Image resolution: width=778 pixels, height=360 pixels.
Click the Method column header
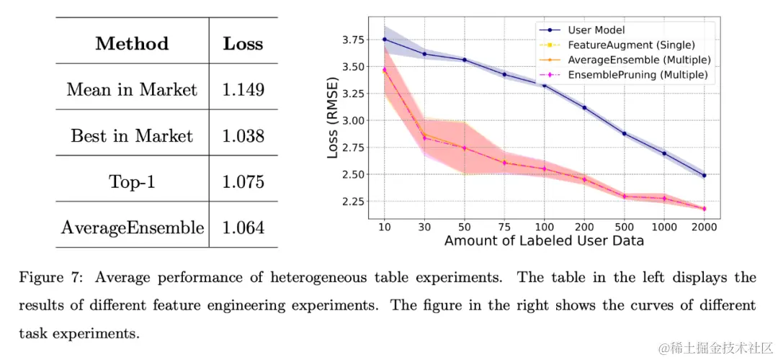(x=132, y=43)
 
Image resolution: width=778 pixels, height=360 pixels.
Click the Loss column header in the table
(x=243, y=43)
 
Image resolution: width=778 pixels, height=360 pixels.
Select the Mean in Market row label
(x=132, y=89)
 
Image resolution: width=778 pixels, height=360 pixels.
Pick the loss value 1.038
(x=243, y=135)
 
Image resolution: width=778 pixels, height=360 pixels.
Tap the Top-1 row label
(x=132, y=181)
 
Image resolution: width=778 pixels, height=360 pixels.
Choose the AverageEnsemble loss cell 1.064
(x=243, y=228)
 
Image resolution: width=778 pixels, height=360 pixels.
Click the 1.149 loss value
(x=243, y=89)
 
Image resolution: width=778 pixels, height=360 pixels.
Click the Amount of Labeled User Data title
(x=544, y=240)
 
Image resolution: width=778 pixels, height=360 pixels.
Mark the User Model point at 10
(x=385, y=39)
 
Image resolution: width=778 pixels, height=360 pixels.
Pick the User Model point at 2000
(x=704, y=175)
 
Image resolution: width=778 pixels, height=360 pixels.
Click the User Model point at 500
(x=624, y=133)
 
